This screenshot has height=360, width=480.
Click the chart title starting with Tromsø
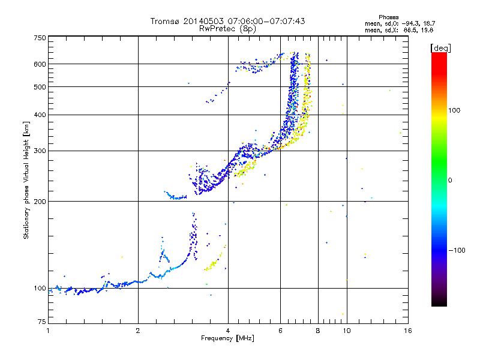(227, 22)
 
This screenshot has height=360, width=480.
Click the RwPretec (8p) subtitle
(227, 28)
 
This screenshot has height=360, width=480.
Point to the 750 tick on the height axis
(40, 38)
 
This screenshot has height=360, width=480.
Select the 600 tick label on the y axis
(40, 64)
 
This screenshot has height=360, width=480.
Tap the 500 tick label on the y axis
(40, 87)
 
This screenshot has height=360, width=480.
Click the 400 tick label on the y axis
(40, 115)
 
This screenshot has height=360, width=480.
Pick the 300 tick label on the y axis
(40, 151)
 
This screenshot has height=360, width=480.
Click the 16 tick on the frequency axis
(407, 331)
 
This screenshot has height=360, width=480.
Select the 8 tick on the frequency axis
(318, 331)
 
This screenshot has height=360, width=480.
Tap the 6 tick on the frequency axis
(281, 331)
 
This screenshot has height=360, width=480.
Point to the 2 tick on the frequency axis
(138, 331)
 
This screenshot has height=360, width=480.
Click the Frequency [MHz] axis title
(227, 338)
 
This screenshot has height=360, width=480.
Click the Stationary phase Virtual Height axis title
(26, 180)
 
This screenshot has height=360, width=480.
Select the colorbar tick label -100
(456, 250)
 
